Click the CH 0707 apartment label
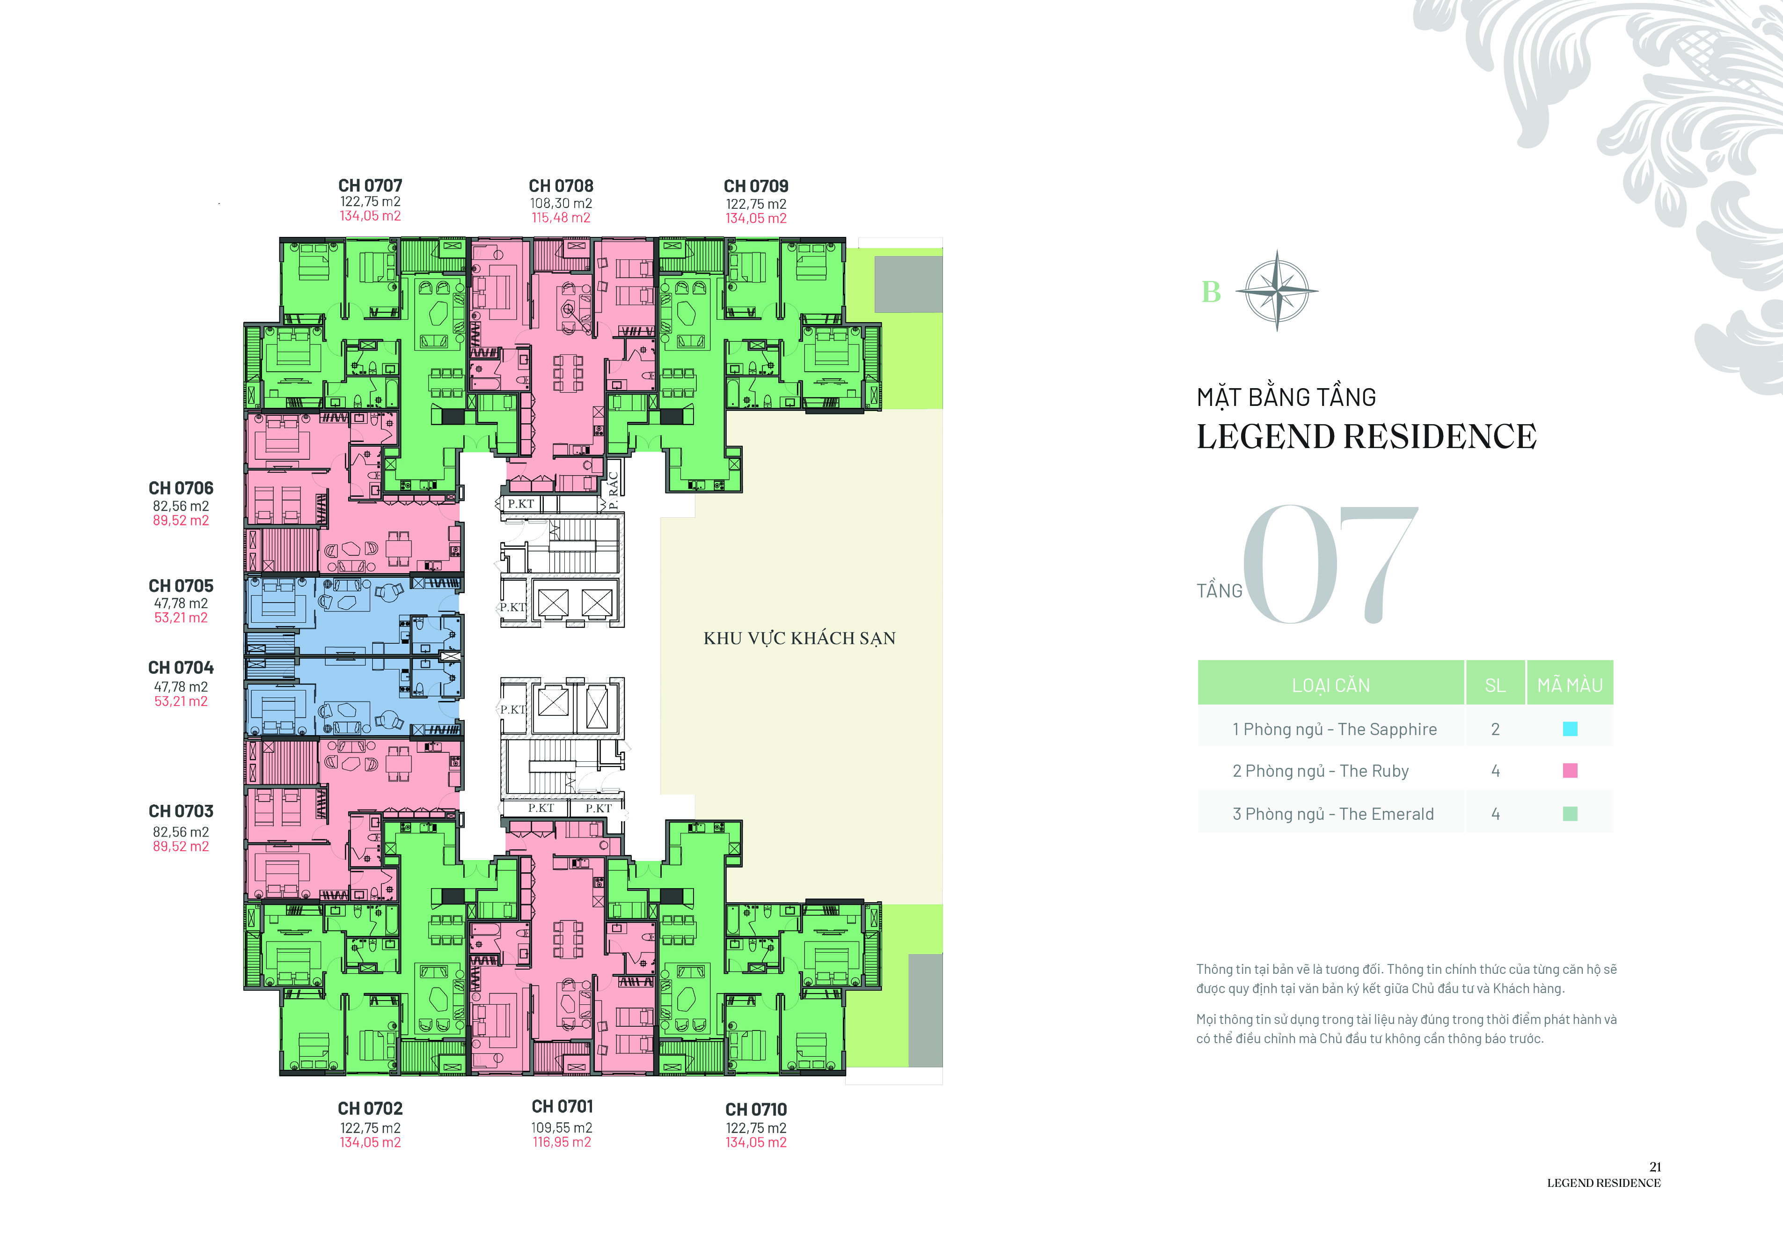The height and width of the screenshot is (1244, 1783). pos(371,186)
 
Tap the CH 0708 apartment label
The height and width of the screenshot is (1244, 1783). pos(561,186)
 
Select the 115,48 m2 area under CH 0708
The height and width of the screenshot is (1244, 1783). pos(561,218)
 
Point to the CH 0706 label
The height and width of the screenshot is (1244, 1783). pos(181,488)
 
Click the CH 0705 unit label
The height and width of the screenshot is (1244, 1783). pos(181,586)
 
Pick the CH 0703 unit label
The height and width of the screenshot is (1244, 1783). pos(181,811)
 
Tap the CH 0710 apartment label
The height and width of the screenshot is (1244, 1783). pos(756,1110)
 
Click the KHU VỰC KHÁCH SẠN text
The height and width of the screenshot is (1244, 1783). pos(799,638)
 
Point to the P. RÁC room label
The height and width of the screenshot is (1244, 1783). pos(613,490)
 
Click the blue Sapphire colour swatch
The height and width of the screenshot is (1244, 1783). pos(1570,729)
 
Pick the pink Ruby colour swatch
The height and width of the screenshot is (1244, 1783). pos(1570,771)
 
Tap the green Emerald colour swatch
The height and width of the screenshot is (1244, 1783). pos(1570,814)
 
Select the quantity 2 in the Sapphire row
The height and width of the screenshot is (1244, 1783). pos(1495,729)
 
